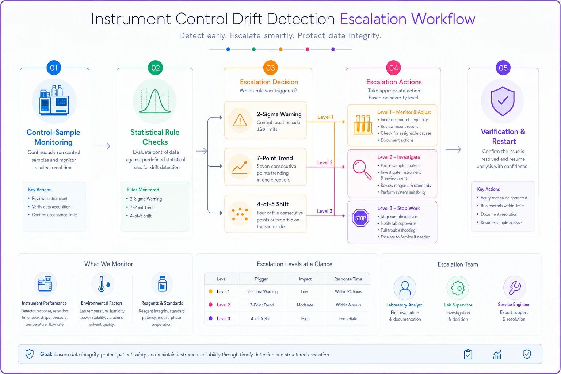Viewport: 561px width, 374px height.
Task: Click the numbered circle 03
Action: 270,68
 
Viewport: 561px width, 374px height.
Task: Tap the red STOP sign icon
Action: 360,218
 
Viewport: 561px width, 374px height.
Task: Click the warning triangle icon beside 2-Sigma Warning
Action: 240,120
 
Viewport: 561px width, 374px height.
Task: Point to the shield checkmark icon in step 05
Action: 503,101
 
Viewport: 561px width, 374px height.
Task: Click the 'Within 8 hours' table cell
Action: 348,305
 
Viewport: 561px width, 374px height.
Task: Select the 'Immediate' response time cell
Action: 348,318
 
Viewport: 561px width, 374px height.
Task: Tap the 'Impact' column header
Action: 305,279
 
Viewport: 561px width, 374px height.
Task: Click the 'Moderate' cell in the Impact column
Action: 305,305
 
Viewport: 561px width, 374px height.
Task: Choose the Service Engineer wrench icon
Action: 514,288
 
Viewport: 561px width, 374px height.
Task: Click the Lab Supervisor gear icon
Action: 458,288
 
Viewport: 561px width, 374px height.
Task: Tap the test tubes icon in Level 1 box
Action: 363,125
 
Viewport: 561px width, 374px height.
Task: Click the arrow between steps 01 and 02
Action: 103,146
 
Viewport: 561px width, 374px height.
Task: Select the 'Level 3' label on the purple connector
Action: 325,211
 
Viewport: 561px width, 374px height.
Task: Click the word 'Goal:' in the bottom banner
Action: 46,355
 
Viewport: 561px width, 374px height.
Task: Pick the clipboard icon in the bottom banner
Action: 468,354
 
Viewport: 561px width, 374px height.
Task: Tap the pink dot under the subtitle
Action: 307,49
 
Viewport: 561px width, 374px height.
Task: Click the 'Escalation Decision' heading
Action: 269,82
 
